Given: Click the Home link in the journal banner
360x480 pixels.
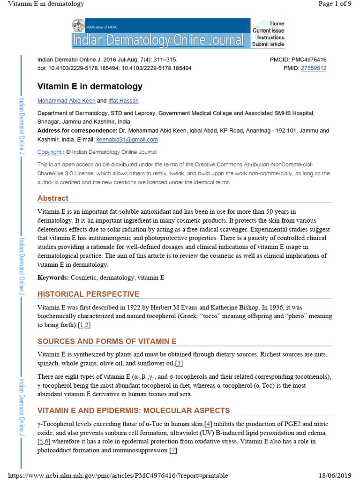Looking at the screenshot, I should point(277,23).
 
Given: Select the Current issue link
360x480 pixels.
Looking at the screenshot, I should point(268,30).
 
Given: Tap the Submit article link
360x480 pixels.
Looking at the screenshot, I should point(268,44).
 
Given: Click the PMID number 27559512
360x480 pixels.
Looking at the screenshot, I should point(314,68).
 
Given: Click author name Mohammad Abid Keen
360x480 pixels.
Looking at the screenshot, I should point(66,101).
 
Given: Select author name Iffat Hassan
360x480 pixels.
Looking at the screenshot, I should point(123,101).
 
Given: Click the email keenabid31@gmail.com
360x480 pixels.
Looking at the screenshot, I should point(127,140).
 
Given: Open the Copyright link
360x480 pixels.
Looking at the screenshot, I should point(49,152).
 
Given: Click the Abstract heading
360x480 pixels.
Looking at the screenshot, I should point(53,198).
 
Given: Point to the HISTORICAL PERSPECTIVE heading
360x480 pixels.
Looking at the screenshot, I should point(88,294).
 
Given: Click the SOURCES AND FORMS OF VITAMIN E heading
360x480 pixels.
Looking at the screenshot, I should point(107,341).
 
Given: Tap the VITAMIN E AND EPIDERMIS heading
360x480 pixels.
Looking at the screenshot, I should point(134,411).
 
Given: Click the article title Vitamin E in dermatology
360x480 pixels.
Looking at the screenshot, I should point(90,87).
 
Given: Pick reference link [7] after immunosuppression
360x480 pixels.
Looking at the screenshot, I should point(173,450).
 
